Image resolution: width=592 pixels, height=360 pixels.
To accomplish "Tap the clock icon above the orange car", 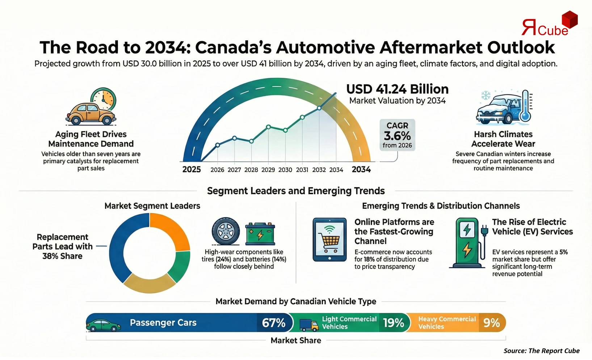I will (x=103, y=99).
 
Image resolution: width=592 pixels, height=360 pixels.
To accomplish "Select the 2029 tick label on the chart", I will (x=268, y=170).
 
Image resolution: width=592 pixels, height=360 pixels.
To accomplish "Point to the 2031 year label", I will (x=302, y=170).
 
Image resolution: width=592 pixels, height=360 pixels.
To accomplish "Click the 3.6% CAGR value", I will (x=397, y=136).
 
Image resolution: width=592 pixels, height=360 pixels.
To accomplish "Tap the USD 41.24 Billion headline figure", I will (x=397, y=89).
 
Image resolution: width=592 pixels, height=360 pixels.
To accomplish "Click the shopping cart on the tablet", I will (x=329, y=240).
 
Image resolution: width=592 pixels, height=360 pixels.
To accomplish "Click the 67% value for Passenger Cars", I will (x=273, y=323).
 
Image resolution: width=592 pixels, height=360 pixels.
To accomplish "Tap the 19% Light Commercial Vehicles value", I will (x=393, y=323).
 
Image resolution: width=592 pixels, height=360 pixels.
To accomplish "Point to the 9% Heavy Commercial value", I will (x=491, y=323).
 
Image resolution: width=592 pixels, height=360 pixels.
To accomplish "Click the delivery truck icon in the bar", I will (x=309, y=325).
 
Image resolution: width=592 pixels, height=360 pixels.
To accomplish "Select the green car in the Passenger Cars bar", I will (x=104, y=325).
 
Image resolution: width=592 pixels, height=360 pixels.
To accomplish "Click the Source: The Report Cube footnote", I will (x=541, y=351).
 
